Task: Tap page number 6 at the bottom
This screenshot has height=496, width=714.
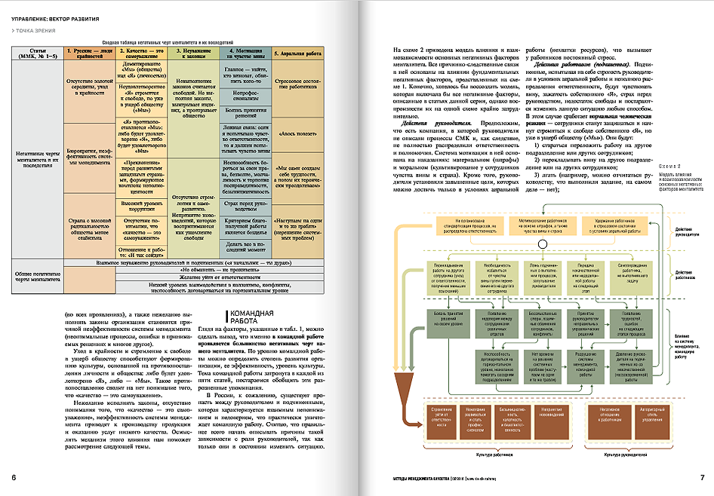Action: pyautogui.click(x=14, y=477)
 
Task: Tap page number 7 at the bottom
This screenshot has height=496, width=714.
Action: pyautogui.click(x=702, y=477)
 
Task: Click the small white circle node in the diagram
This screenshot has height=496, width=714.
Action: pyautogui.click(x=541, y=244)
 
